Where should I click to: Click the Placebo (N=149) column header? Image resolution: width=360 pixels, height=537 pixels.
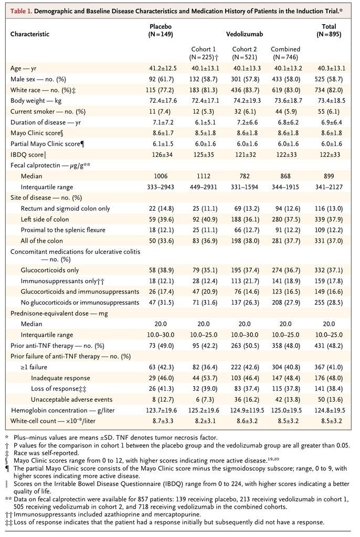point(161,30)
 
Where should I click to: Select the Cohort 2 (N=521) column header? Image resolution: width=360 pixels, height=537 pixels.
point(244,53)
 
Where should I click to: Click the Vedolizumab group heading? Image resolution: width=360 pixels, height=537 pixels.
point(243,34)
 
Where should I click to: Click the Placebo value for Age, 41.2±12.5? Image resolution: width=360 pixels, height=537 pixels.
point(160,68)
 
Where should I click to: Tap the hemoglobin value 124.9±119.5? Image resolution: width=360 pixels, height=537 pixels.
point(245,410)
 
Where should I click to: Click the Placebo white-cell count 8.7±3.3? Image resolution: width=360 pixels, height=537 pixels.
point(160,421)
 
